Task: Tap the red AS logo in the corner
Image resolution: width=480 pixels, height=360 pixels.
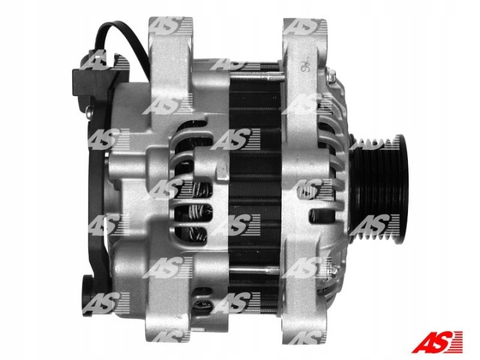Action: (437, 341)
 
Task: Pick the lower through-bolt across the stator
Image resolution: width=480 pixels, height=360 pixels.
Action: (255, 271)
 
